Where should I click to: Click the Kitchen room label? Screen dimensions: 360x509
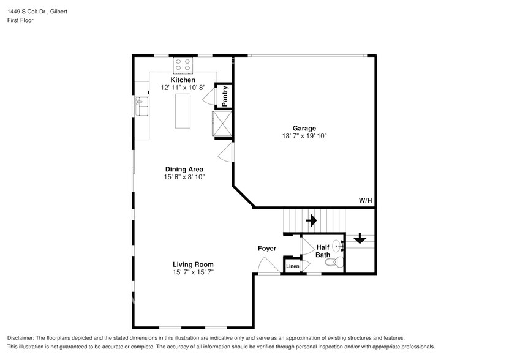coord(183,80)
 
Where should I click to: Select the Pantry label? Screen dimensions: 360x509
coord(225,96)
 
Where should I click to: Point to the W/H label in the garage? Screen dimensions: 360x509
coord(365,200)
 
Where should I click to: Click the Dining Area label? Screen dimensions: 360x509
coord(184,169)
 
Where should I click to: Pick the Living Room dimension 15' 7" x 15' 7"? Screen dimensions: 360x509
coord(193,272)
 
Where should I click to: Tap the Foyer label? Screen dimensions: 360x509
coord(266,249)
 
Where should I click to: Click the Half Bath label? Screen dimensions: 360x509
coord(323,250)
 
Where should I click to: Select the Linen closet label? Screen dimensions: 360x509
coord(293,266)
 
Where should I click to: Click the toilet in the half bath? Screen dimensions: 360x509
coord(331,263)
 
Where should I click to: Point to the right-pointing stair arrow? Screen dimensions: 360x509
coord(311,219)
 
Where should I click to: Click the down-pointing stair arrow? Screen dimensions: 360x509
coord(360,238)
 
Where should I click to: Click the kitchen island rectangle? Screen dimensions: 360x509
coord(183,111)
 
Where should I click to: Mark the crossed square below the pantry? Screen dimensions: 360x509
coord(222,124)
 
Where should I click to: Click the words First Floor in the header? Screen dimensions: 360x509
coord(21,20)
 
